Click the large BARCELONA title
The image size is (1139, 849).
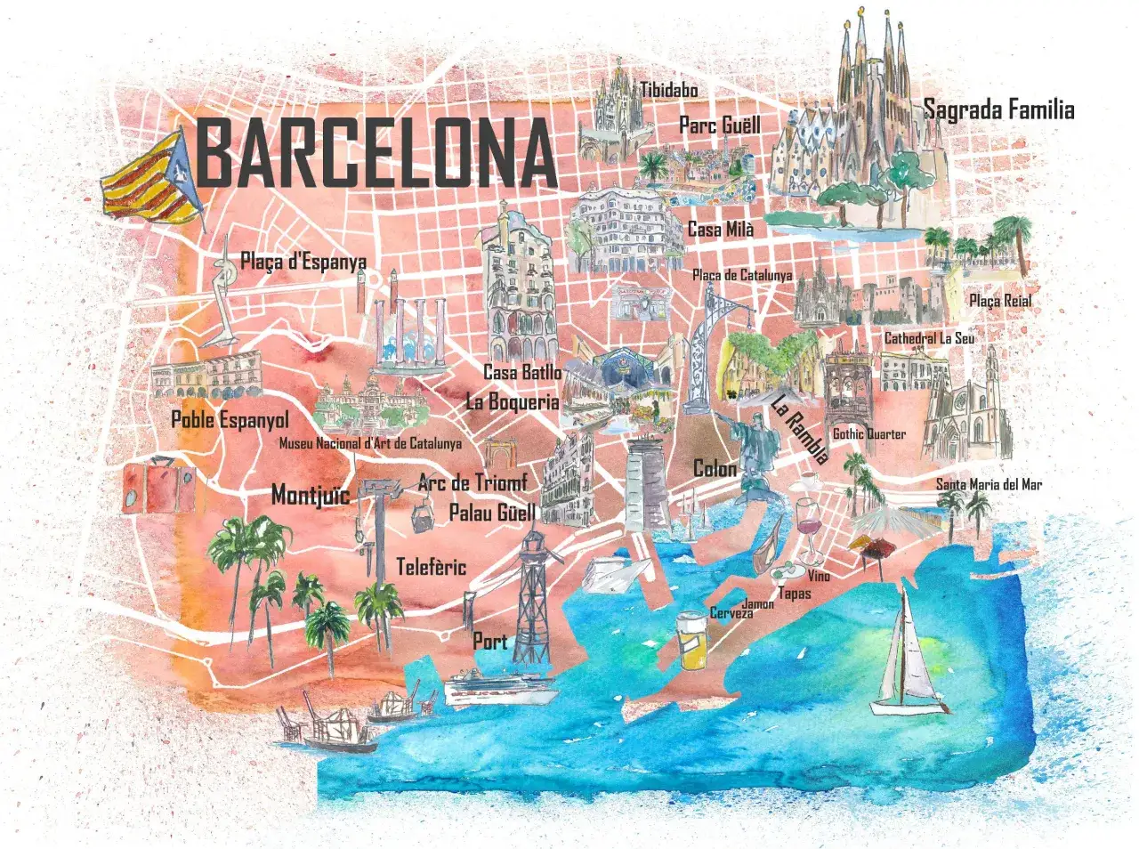coord(376,153)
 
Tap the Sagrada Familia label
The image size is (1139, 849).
coord(998,110)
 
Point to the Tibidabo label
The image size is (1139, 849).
coord(668,89)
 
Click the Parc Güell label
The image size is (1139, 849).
coord(720,125)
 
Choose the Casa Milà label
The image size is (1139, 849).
coord(721,230)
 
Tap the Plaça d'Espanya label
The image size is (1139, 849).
coord(303,262)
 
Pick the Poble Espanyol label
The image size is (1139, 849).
coord(230,419)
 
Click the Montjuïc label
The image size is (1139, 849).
coord(311,494)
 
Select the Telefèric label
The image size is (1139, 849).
coord(431,566)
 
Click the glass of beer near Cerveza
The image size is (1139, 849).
coord(691,638)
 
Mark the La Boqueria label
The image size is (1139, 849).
coord(513,401)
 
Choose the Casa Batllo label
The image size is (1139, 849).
coord(522,372)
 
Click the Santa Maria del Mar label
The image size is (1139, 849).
coord(988,484)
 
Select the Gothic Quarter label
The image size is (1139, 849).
coord(868,433)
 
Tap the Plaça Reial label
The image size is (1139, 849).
coord(1000,301)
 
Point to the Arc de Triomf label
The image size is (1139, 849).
coord(473,482)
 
